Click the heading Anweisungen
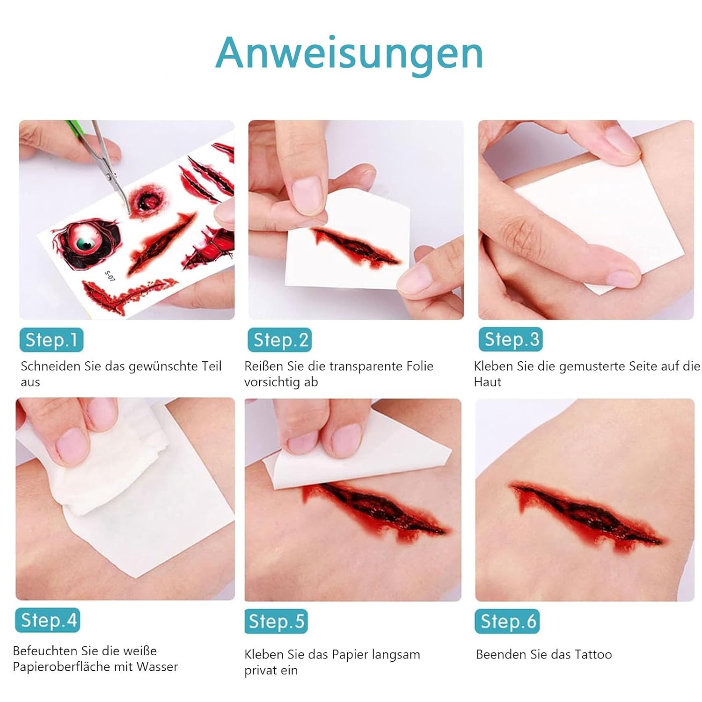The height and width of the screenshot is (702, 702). point(349,54)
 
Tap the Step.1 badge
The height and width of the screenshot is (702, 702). point(51,340)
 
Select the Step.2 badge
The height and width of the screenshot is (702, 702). point(279,340)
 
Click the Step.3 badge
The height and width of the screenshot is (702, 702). point(511,339)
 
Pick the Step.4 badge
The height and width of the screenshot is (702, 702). point(47,620)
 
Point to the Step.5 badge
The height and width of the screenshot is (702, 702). point(276,622)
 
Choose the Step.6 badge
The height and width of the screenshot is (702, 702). point(507,622)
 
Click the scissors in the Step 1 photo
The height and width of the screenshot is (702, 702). point(101,164)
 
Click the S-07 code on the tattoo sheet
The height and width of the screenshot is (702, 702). point(110,276)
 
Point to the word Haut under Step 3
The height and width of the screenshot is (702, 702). point(487,382)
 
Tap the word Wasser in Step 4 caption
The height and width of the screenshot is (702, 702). point(157,666)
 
